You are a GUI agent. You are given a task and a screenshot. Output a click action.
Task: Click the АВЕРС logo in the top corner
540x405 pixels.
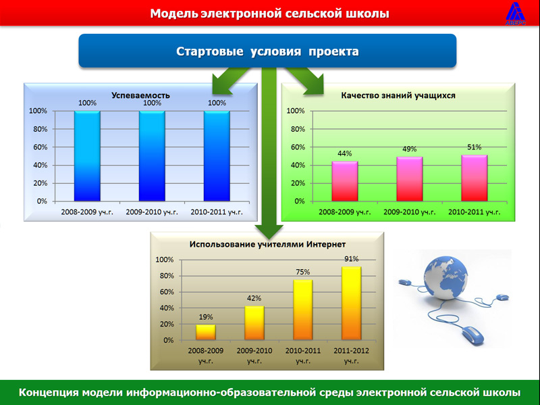click(x=516, y=13)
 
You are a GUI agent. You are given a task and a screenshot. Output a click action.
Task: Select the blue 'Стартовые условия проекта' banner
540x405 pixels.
click(x=267, y=51)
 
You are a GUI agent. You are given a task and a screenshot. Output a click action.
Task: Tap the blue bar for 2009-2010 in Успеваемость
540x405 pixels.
click(x=152, y=156)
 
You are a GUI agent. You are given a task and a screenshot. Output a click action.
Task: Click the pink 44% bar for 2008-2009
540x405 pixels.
click(x=345, y=181)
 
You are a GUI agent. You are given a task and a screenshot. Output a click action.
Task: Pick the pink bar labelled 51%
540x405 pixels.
click(x=475, y=178)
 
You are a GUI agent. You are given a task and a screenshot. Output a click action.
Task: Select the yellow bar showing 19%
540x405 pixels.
click(x=206, y=332)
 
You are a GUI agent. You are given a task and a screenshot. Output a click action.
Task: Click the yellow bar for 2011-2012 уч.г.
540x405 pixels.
click(x=351, y=303)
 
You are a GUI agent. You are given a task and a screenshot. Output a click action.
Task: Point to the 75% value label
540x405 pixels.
click(x=302, y=272)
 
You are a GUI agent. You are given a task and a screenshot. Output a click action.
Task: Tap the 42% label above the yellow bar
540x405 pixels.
click(x=254, y=298)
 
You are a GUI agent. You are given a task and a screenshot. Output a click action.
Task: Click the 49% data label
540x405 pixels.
click(x=410, y=149)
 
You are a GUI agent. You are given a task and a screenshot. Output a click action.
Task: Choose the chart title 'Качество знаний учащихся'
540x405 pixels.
click(x=398, y=95)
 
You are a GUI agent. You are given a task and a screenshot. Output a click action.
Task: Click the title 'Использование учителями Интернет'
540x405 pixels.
click(x=267, y=244)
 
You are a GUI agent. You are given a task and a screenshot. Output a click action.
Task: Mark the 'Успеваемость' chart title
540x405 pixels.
click(x=140, y=95)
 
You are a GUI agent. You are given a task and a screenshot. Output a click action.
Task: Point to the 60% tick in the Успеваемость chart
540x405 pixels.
click(x=40, y=147)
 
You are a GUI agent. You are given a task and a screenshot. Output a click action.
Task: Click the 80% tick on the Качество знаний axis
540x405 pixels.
click(x=298, y=129)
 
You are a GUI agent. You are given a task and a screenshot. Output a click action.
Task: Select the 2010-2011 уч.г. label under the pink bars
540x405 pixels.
click(x=475, y=212)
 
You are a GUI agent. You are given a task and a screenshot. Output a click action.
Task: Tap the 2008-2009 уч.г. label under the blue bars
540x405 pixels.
click(x=87, y=212)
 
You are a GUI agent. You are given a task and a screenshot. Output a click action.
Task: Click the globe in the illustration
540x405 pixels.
click(x=446, y=278)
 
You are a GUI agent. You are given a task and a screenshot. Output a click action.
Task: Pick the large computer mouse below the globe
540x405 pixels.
click(x=473, y=335)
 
